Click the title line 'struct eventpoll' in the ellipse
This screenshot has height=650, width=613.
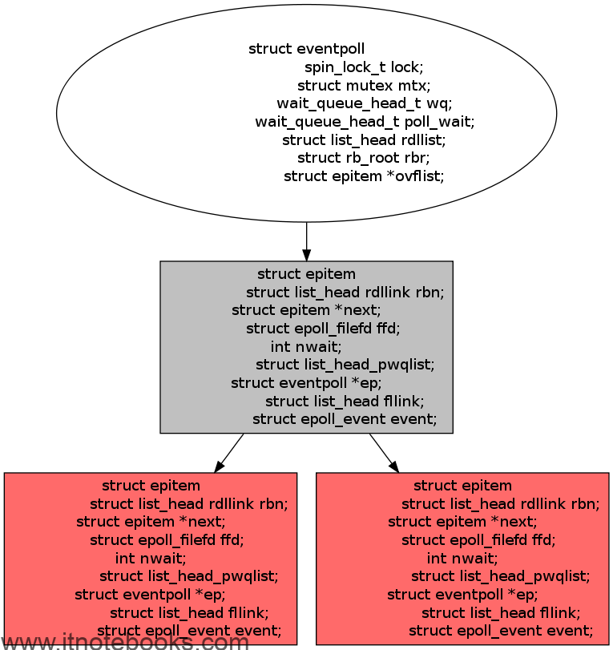coord(306,49)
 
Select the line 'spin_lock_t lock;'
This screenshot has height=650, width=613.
coord(364,67)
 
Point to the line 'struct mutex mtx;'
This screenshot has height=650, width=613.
coord(364,86)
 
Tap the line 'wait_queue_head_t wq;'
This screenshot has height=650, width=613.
coord(365,103)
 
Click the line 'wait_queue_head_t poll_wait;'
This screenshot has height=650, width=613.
coord(365,122)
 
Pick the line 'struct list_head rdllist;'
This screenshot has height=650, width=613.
coord(364,139)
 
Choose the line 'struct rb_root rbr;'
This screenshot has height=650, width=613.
coord(364,158)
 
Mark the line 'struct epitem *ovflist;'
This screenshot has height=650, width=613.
coord(364,176)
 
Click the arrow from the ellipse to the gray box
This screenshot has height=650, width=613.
coord(306,242)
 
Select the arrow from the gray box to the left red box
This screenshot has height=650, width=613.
coord(229,453)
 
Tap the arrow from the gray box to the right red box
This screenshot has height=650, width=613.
coord(384,453)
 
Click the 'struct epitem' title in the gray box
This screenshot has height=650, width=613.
coord(306,274)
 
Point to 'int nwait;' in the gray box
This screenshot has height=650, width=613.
coord(306,346)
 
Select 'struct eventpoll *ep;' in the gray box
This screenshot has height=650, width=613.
coord(306,382)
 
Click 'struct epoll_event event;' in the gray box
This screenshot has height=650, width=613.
coord(345,419)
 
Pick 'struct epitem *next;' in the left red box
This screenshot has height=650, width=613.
coord(151,522)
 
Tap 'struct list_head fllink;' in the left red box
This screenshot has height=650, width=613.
coord(189,612)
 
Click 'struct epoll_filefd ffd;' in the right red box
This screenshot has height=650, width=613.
coord(478,539)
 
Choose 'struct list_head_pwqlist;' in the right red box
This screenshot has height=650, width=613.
coord(500,576)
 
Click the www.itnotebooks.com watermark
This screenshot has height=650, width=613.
coord(124,641)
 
